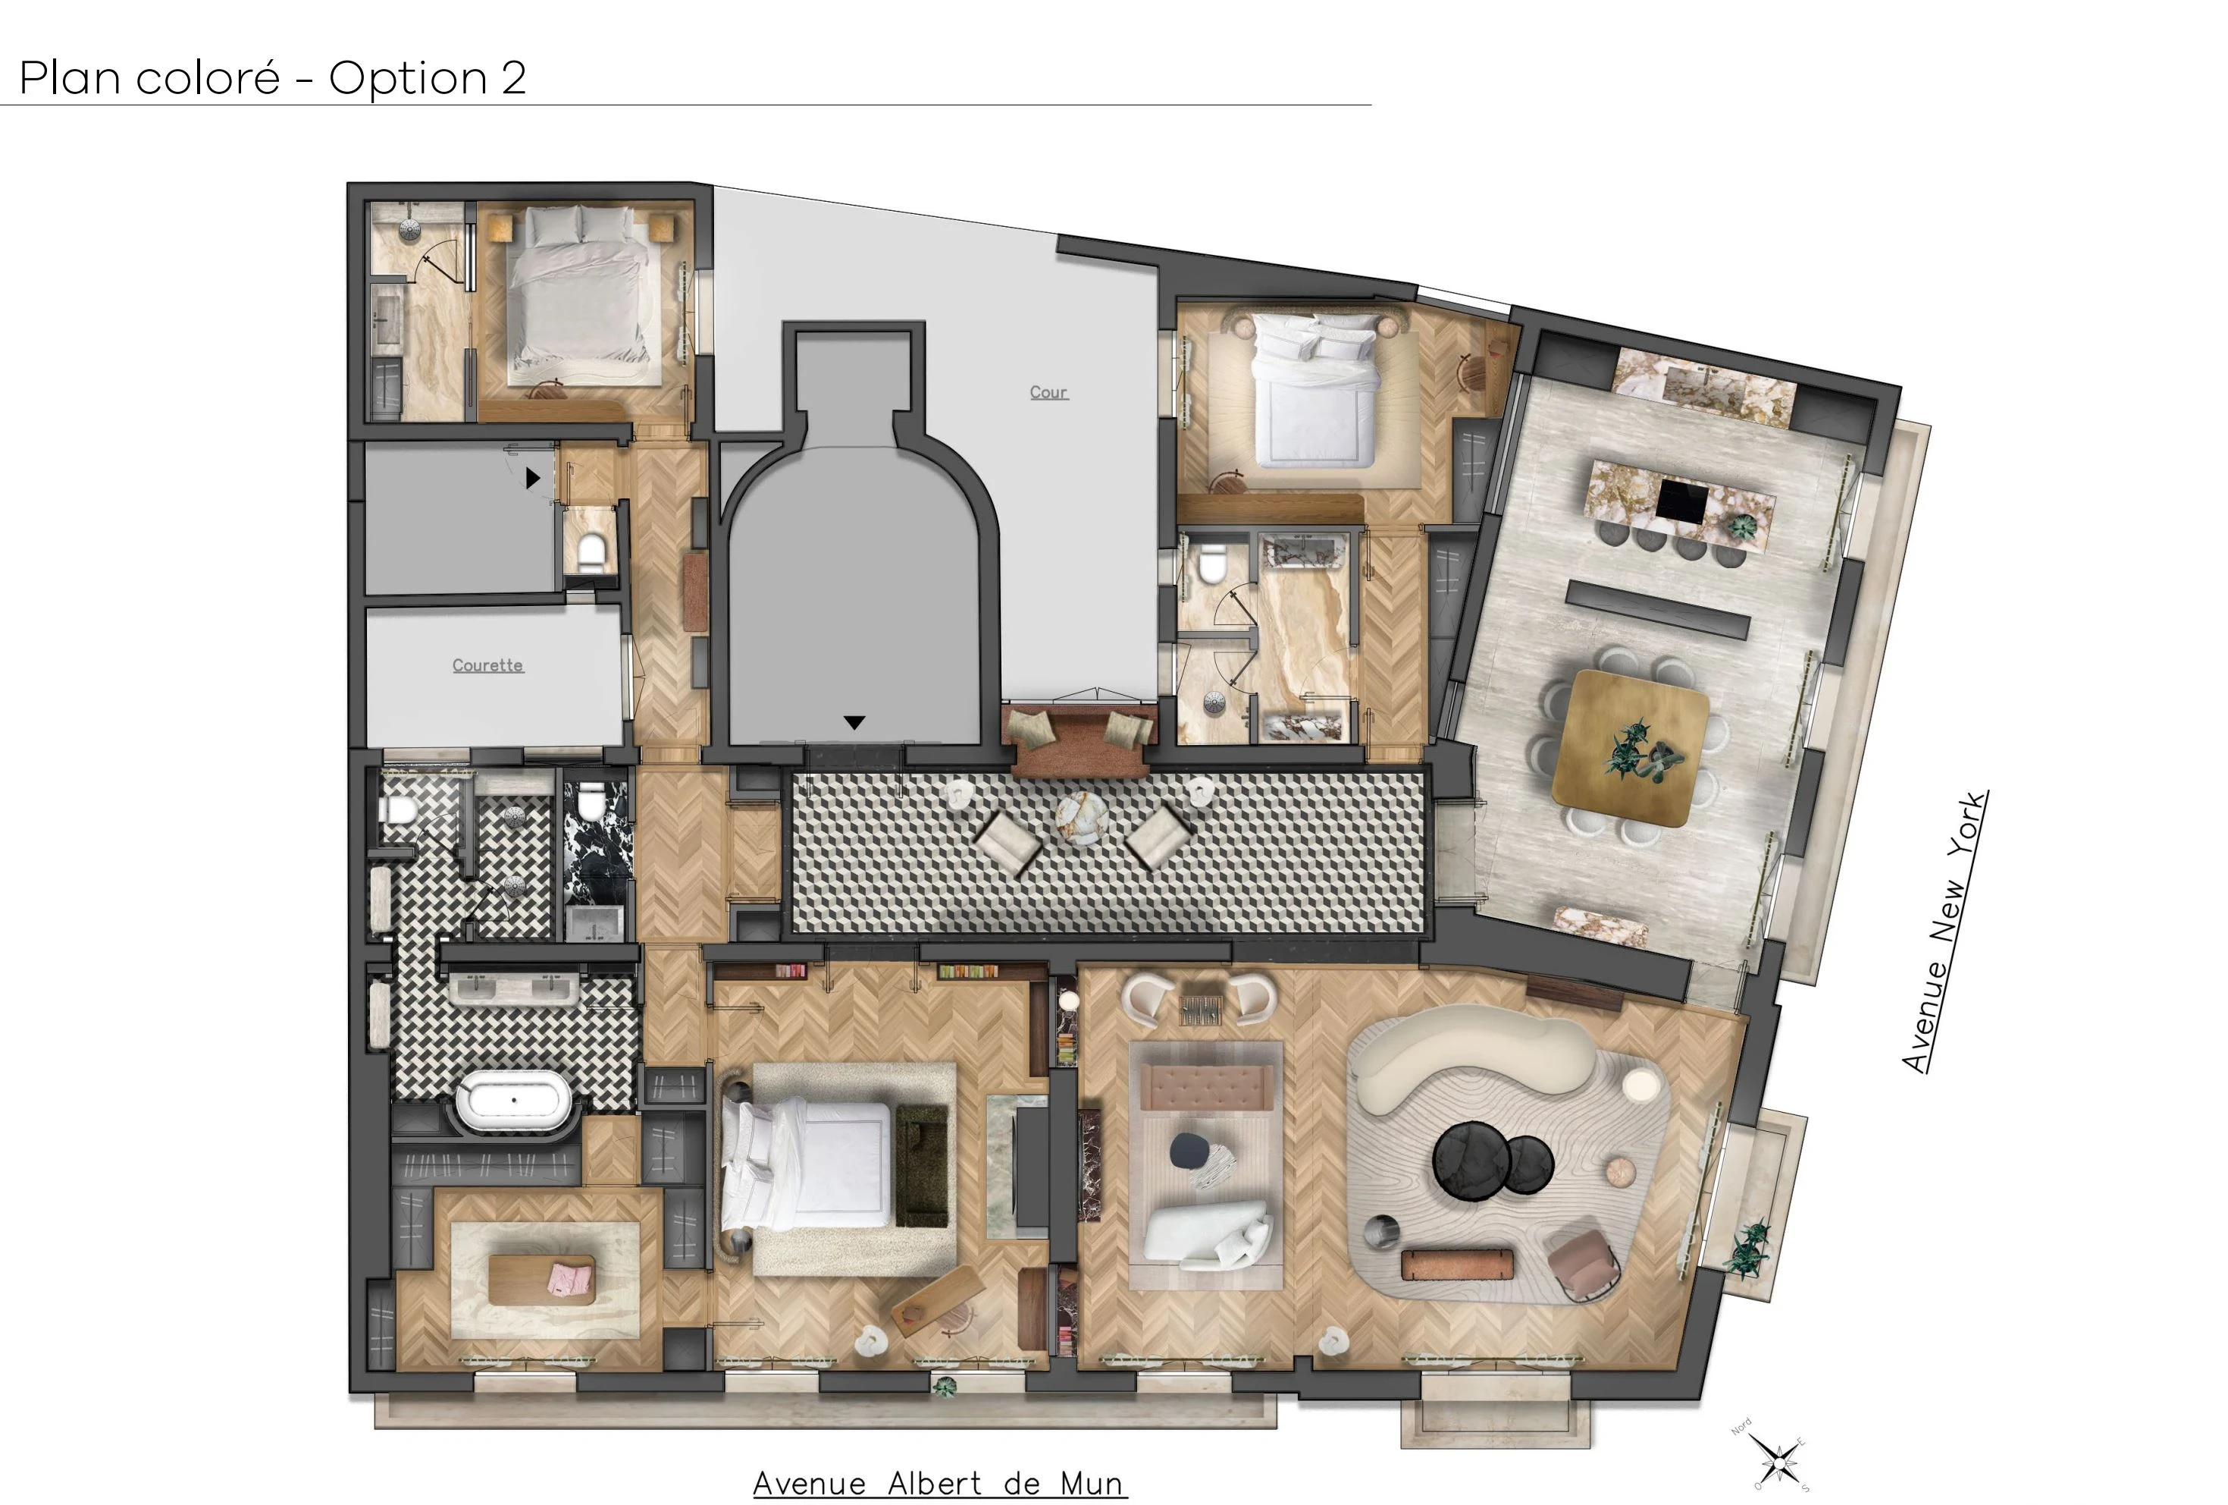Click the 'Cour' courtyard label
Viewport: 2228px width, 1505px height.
pos(1048,392)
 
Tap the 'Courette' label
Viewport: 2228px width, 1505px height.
pos(488,665)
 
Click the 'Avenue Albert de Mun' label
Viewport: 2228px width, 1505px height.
pos(939,1483)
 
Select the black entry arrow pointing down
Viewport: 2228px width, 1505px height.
pos(854,722)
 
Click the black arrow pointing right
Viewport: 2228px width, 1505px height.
pos(533,476)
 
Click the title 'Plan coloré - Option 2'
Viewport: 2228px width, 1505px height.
pos(273,77)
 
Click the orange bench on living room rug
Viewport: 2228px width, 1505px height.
pos(1456,1263)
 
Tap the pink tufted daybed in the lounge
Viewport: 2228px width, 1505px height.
pos(1206,1087)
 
